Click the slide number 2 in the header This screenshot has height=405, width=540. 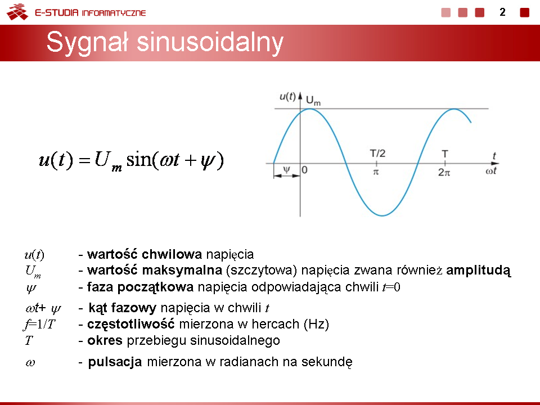[502, 12]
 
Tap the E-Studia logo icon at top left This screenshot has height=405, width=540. [17, 12]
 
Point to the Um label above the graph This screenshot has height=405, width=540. [313, 101]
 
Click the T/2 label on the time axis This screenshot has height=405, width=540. [377, 153]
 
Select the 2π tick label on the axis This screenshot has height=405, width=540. [444, 172]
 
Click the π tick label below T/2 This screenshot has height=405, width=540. [376, 172]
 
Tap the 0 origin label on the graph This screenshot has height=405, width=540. [304, 170]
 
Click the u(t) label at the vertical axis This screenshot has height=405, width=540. [287, 96]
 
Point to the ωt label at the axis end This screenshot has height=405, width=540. [490, 171]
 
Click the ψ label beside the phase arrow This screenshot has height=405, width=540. [286, 169]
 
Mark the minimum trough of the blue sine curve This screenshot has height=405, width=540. [382, 215]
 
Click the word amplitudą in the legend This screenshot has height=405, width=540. [478, 271]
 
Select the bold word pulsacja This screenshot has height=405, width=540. [115, 362]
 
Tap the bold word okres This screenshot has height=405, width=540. [105, 340]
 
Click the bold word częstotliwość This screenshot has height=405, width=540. [131, 325]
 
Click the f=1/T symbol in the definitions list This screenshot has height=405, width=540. [39, 324]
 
